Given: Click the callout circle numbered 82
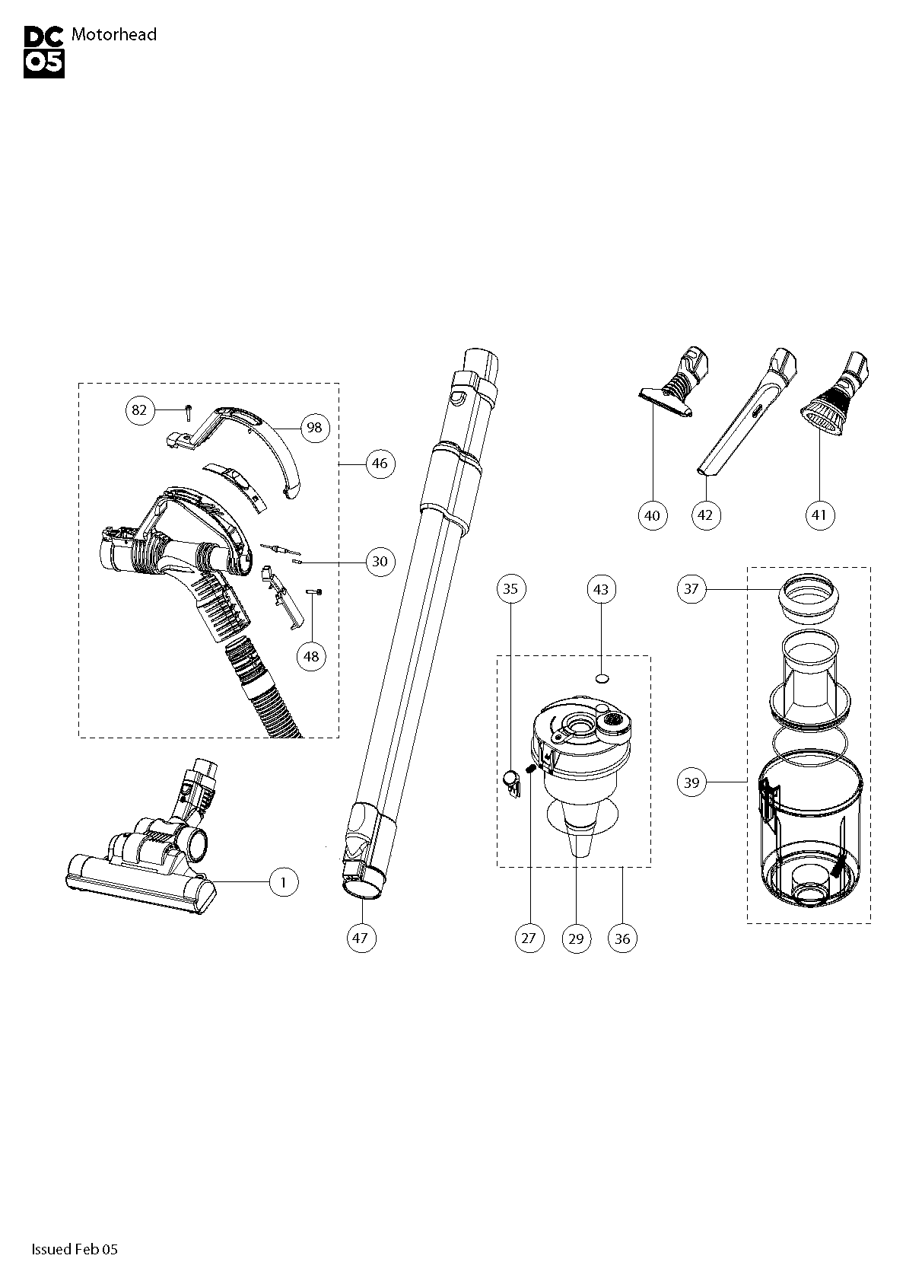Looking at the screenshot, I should (139, 410).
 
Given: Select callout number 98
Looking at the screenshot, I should (314, 428).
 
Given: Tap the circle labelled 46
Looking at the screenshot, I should (380, 463).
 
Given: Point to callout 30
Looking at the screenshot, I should (380, 562).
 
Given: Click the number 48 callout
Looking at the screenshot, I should (312, 655).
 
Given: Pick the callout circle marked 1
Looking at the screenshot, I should (284, 882).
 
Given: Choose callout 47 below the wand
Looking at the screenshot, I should (361, 938).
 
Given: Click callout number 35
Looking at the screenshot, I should (510, 588).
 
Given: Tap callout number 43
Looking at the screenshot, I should (601, 589).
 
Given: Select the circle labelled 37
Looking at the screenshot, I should (691, 588).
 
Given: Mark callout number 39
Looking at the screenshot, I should (691, 782).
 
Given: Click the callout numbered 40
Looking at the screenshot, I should (652, 515).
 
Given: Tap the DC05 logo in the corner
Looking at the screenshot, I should (44, 52).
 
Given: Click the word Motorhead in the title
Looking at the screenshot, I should (113, 34).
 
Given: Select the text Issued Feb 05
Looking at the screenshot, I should (75, 1249).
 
